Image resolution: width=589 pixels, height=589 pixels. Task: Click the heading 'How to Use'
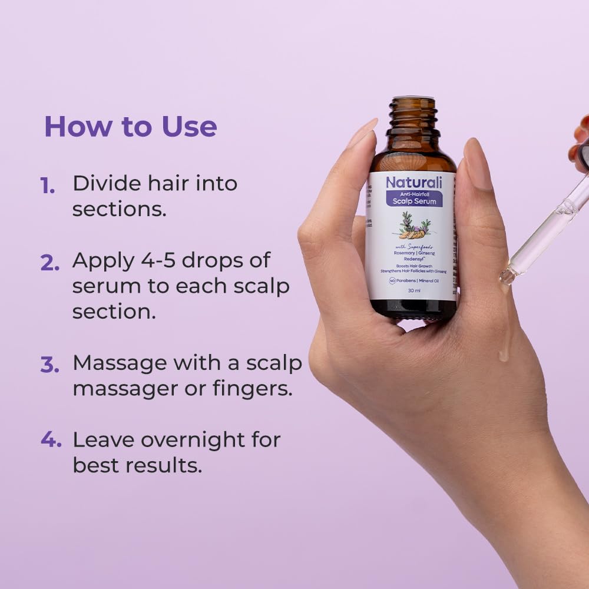point(131,127)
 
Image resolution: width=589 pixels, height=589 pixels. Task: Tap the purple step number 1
point(48,186)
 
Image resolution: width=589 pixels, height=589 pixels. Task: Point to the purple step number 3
point(49,365)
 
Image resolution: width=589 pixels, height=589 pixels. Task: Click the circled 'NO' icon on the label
point(384,280)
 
